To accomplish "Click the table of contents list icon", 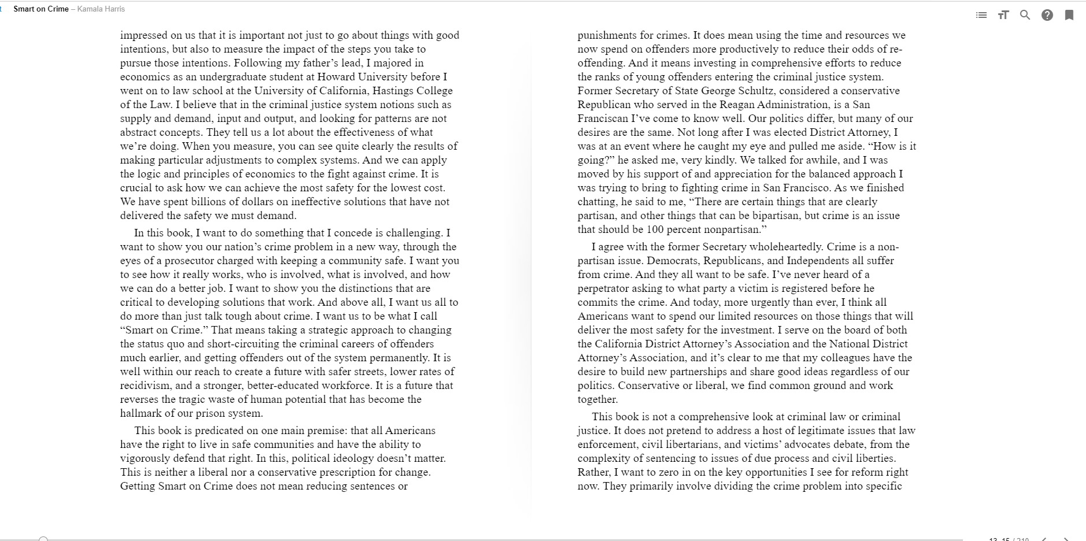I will point(981,15).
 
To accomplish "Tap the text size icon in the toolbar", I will point(1003,15).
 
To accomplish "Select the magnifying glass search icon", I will point(1025,15).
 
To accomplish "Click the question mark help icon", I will point(1047,15).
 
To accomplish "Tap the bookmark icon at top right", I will point(1069,15).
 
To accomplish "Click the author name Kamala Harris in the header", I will point(101,9).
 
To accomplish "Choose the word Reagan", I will point(737,105).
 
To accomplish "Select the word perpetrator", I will point(605,288).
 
